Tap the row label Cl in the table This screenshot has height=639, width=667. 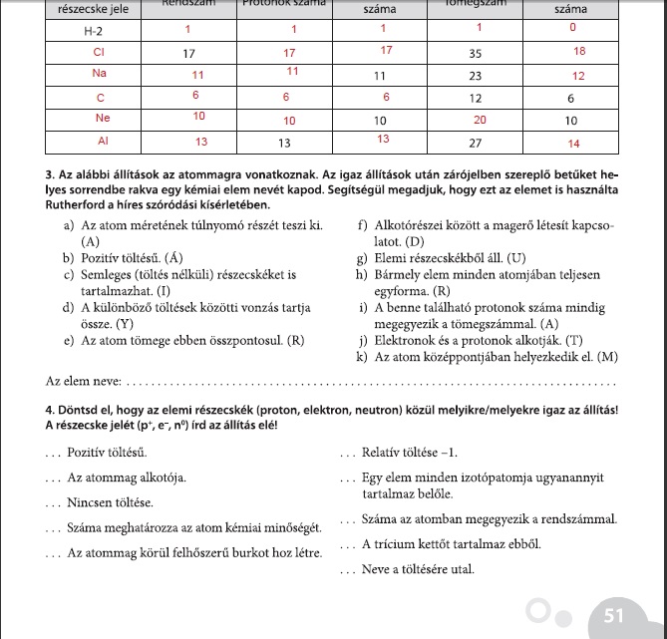tap(99, 52)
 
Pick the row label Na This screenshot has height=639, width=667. tap(99, 74)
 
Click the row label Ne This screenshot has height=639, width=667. tap(99, 119)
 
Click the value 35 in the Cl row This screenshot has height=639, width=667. tap(476, 52)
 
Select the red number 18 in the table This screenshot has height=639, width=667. tap(579, 51)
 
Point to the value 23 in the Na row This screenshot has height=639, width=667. tap(476, 76)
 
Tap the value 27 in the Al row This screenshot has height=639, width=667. tap(476, 143)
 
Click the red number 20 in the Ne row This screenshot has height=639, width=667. tap(480, 119)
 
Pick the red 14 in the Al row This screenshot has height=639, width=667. tap(572, 144)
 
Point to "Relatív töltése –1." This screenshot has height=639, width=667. tap(410, 453)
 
